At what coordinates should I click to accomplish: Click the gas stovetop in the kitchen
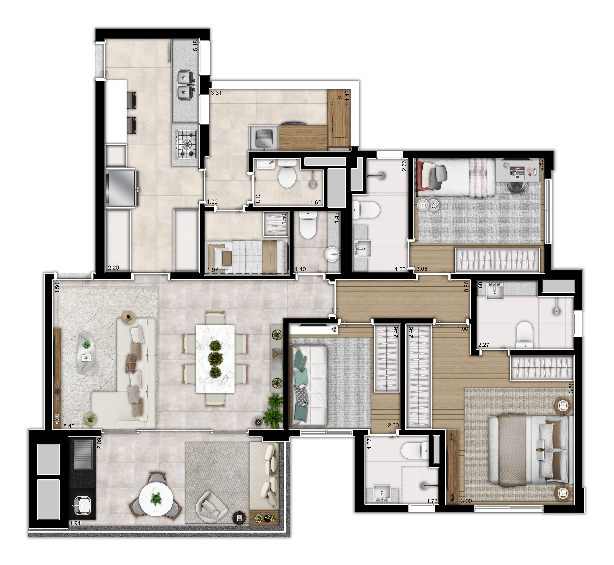tap(186, 144)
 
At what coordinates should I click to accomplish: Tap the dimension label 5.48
tap(195, 46)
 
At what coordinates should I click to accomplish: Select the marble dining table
tap(215, 359)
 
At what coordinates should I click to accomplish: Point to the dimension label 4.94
tap(75, 523)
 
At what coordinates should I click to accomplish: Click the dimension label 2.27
tap(484, 345)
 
